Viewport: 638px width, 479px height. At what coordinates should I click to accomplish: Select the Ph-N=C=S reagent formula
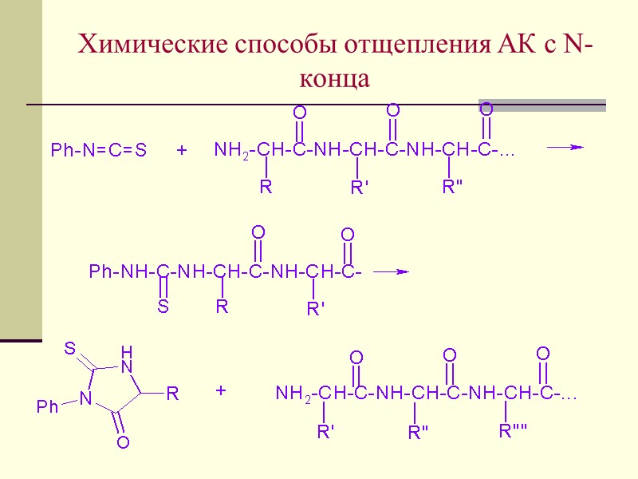[99, 150]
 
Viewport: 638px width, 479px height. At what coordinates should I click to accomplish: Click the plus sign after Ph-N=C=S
[182, 150]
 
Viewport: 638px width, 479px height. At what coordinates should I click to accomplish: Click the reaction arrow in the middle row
[391, 271]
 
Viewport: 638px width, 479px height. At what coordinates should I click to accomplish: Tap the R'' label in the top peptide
[453, 188]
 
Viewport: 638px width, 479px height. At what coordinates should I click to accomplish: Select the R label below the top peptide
[266, 188]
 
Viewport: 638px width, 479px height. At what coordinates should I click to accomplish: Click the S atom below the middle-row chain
[163, 307]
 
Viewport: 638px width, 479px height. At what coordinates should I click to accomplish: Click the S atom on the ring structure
[70, 348]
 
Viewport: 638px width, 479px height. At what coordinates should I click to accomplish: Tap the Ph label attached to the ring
[48, 407]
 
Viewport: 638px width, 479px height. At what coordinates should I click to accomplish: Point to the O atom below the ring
[123, 441]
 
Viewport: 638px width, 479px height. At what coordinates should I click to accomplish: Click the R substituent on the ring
[171, 394]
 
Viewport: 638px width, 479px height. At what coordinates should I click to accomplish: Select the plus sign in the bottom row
[221, 391]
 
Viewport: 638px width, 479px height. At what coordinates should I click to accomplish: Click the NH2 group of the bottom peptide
[293, 394]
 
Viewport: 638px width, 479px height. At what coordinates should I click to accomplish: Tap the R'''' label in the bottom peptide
[514, 432]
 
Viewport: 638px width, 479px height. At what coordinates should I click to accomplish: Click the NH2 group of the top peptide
[231, 150]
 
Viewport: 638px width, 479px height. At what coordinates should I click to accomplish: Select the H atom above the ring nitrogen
[125, 351]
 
